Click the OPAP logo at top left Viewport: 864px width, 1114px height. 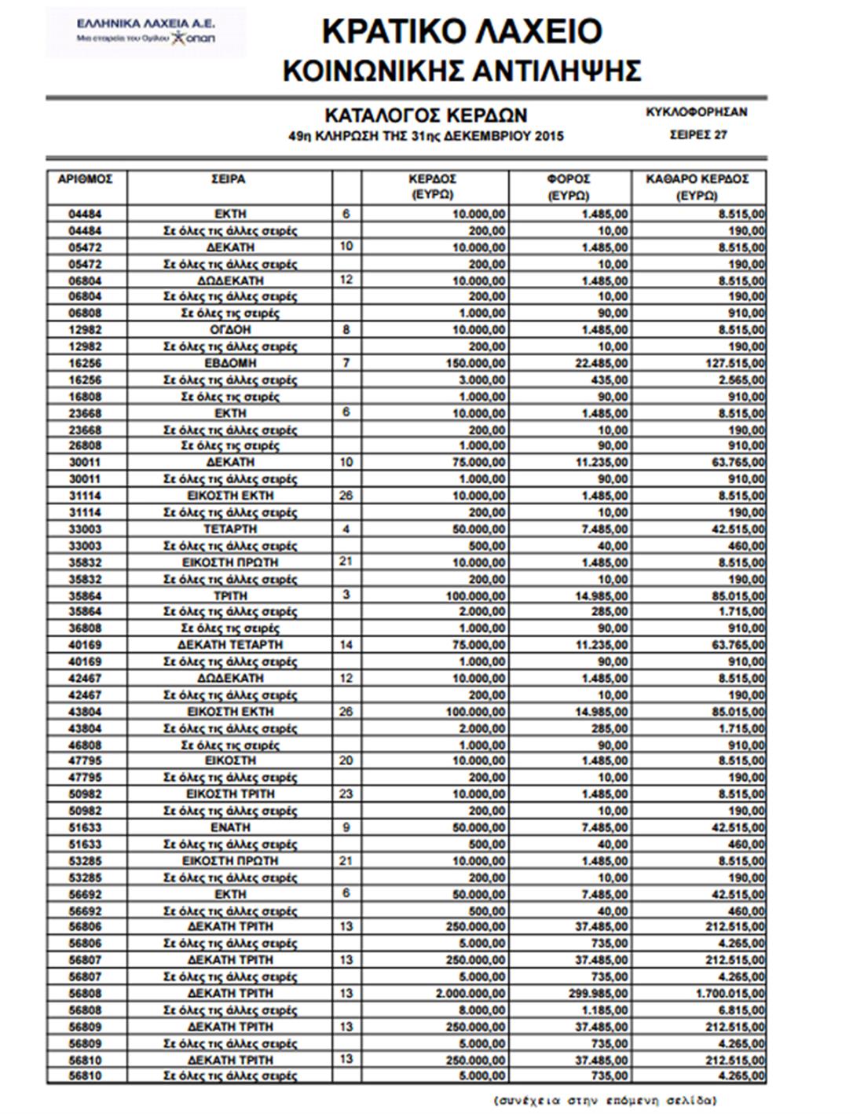[145, 32]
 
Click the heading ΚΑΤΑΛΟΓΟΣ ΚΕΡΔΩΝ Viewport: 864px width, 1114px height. [427, 115]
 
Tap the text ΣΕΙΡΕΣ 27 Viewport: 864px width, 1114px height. [697, 134]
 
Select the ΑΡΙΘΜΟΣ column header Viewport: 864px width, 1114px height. [86, 179]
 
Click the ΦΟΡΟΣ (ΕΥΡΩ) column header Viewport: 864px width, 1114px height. [569, 186]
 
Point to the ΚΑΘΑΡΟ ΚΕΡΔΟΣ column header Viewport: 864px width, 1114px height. [697, 186]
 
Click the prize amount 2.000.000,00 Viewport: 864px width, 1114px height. [467, 994]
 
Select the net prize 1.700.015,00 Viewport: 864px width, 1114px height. [727, 994]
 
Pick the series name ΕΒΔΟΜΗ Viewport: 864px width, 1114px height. [230, 363]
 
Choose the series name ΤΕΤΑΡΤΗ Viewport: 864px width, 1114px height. [230, 529]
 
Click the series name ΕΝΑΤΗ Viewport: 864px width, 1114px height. [230, 827]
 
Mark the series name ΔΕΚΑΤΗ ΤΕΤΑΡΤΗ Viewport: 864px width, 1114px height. [230, 645]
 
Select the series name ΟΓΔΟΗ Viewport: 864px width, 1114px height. [230, 330]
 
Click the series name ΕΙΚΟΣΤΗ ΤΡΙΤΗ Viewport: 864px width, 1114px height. [230, 794]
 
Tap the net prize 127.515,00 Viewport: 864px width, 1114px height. [732, 363]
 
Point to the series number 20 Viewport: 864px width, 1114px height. [346, 760]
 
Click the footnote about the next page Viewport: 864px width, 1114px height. [605, 1100]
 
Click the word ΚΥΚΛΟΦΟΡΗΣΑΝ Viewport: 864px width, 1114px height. [697, 112]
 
